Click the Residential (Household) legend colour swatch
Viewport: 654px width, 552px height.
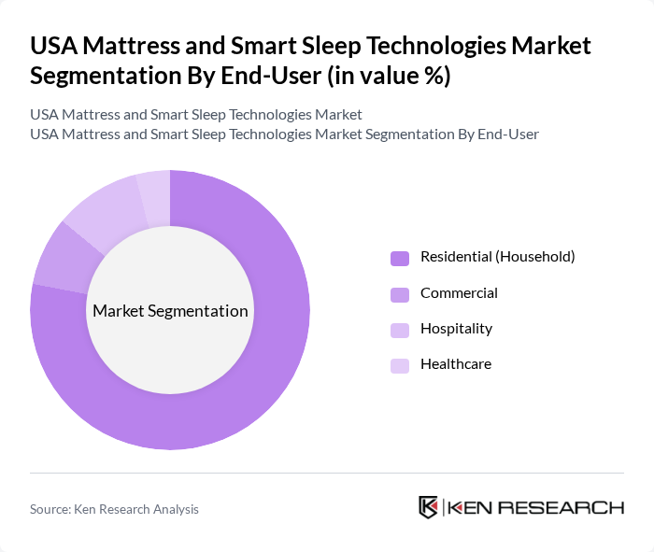pyautogui.click(x=400, y=258)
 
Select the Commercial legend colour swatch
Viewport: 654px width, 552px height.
pyautogui.click(x=400, y=294)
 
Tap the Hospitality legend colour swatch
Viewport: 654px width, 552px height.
pyautogui.click(x=400, y=330)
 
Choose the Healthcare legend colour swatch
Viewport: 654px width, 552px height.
pyautogui.click(x=400, y=365)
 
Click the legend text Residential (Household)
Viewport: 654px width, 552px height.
pyautogui.click(x=497, y=256)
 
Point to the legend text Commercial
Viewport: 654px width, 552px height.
pyautogui.click(x=459, y=292)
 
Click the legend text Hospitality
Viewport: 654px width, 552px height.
pyautogui.click(x=456, y=329)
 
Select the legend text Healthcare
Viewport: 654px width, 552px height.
pyautogui.click(x=456, y=364)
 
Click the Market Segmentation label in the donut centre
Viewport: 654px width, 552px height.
pyautogui.click(x=170, y=311)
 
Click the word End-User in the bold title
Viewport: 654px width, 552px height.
pyautogui.click(x=258, y=77)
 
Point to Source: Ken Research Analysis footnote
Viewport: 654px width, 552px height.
pyautogui.click(x=114, y=509)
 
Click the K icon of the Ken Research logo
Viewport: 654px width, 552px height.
pyautogui.click(x=429, y=507)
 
